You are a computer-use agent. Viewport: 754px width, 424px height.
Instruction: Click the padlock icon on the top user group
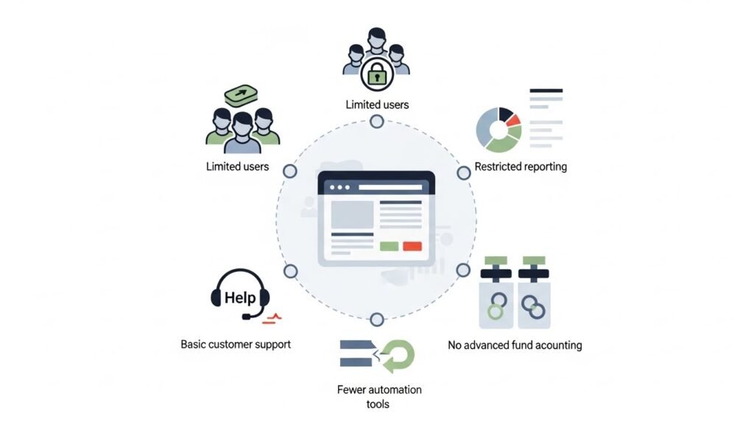pyautogui.click(x=376, y=74)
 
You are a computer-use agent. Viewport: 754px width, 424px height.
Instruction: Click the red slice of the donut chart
pyautogui.click(x=512, y=119)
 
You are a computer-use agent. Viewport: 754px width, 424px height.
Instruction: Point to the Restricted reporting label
pyautogui.click(x=521, y=166)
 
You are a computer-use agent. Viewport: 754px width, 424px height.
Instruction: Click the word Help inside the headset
pyautogui.click(x=240, y=297)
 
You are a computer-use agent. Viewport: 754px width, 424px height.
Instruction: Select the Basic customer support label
pyautogui.click(x=236, y=344)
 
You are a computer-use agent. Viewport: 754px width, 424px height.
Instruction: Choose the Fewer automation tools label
pyautogui.click(x=379, y=396)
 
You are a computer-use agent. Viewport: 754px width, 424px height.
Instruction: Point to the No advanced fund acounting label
pyautogui.click(x=515, y=344)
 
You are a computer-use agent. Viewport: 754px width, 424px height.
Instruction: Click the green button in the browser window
pyautogui.click(x=389, y=247)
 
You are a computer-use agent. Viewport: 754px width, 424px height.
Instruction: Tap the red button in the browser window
pyautogui.click(x=412, y=247)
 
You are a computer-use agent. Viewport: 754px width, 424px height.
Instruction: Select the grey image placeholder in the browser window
pyautogui.click(x=352, y=214)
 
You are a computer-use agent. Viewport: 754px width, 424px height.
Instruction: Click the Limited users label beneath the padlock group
pyautogui.click(x=377, y=105)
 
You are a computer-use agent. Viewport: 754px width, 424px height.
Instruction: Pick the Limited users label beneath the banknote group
pyautogui.click(x=237, y=166)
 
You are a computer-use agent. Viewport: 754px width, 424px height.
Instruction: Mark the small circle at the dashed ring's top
pyautogui.click(x=377, y=121)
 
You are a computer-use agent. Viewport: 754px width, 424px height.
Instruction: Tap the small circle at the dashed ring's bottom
pyautogui.click(x=377, y=319)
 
